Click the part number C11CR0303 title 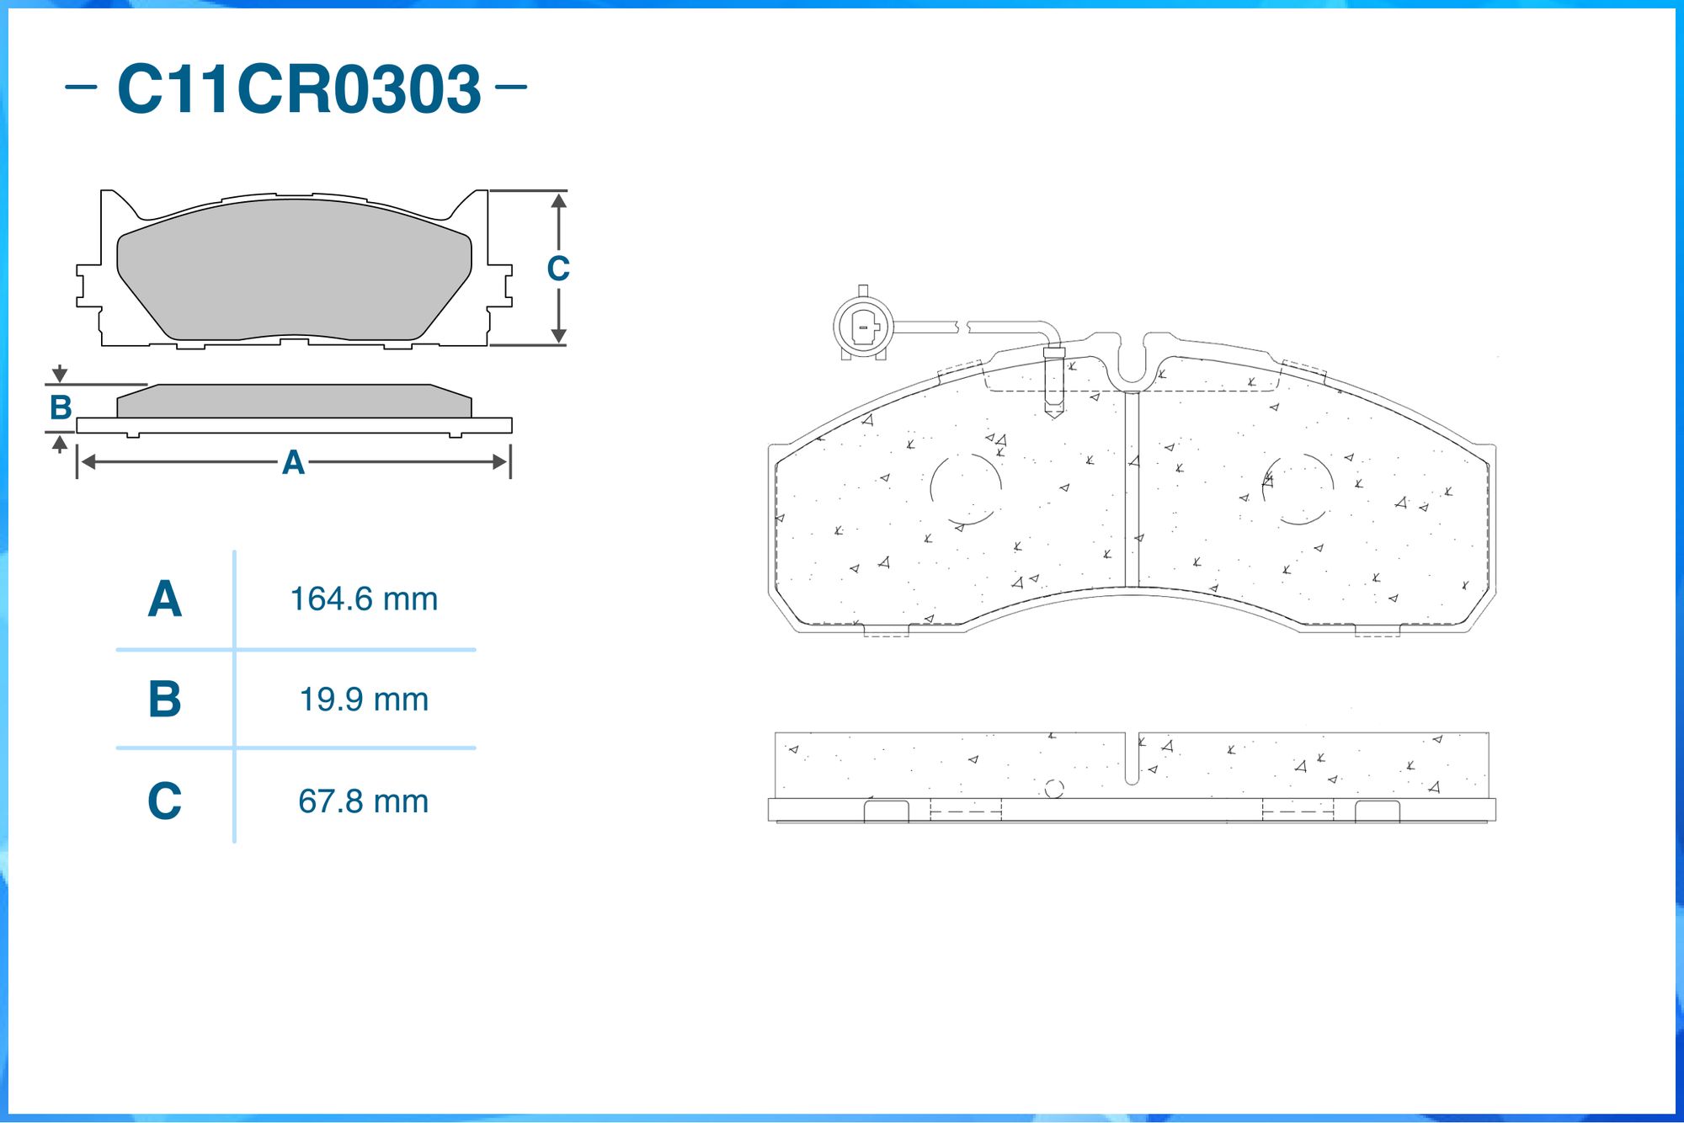(x=299, y=88)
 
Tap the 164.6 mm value (x=364, y=599)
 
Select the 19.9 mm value (x=364, y=700)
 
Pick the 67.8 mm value (x=364, y=801)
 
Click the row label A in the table (x=165, y=599)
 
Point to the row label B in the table (x=165, y=699)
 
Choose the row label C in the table (x=165, y=801)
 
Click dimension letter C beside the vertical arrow (x=558, y=269)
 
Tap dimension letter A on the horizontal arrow (x=293, y=462)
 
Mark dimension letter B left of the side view (x=61, y=407)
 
